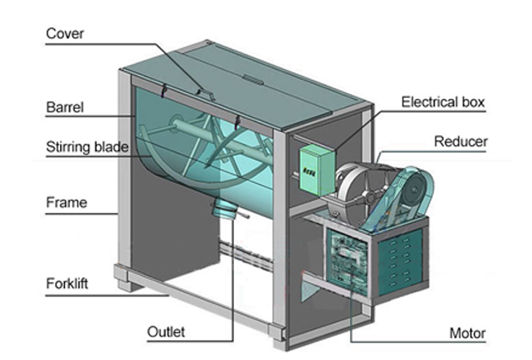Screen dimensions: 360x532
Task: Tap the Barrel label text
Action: pyautogui.click(x=65, y=108)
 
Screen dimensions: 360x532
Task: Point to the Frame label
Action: pyautogui.click(x=66, y=203)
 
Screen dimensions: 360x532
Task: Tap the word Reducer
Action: pyautogui.click(x=460, y=141)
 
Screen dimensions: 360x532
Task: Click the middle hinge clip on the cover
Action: pyautogui.click(x=201, y=92)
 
